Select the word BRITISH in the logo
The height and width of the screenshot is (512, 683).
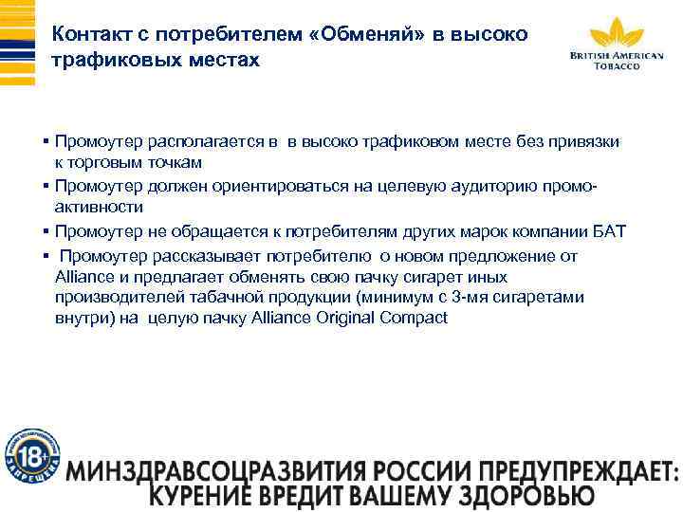tap(591, 55)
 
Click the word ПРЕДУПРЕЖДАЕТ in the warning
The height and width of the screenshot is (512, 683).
tap(566, 471)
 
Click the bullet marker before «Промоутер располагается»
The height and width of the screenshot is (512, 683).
tap(46, 142)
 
